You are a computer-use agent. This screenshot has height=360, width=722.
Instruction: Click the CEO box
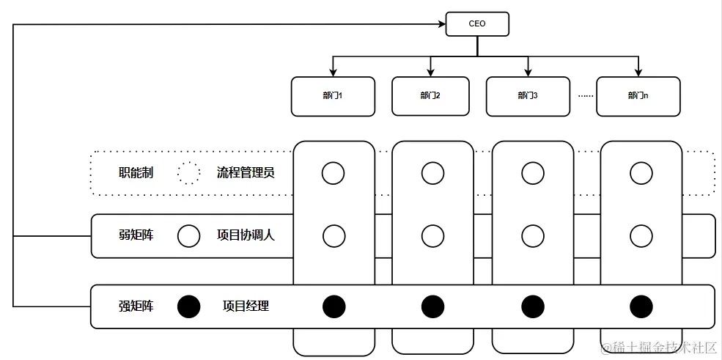pos(477,24)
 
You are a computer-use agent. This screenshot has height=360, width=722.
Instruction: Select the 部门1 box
pos(333,96)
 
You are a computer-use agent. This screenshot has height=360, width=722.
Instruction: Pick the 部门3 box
pos(528,96)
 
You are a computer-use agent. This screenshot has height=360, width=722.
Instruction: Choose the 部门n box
pos(638,96)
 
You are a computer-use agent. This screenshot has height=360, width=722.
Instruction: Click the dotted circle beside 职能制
pos(188,173)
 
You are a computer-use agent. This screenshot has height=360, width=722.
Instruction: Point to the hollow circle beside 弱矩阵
pos(188,236)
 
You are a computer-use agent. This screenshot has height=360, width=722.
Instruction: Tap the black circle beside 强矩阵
pos(188,306)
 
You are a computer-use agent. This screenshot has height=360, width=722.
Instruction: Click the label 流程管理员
pos(246,173)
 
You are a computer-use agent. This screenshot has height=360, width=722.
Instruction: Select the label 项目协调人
pos(246,236)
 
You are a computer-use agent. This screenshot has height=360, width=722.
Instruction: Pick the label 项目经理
pos(246,306)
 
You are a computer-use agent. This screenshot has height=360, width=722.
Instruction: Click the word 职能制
pos(136,173)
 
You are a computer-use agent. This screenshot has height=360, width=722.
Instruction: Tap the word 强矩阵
pos(136,306)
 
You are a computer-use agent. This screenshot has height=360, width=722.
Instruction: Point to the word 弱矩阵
pos(136,236)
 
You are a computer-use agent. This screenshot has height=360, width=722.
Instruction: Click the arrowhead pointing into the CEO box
pos(441,24)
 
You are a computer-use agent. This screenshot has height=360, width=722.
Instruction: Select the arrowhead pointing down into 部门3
pos(528,72)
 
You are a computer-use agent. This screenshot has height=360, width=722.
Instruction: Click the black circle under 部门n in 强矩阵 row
pos(641,306)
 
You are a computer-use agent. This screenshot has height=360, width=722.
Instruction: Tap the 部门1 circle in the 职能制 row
pos(334,173)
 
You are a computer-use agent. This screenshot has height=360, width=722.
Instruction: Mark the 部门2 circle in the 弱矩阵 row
pos(432,236)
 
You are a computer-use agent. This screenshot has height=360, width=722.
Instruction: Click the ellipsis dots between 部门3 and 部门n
pos(584,96)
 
